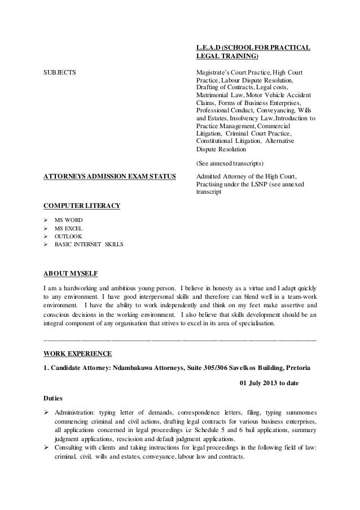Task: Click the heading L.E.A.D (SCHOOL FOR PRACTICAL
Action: (252, 46)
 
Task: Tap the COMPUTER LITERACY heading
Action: (82, 205)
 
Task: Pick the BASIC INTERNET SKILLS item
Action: (89, 245)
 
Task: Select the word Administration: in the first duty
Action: (76, 414)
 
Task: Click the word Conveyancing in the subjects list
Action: (262, 111)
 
